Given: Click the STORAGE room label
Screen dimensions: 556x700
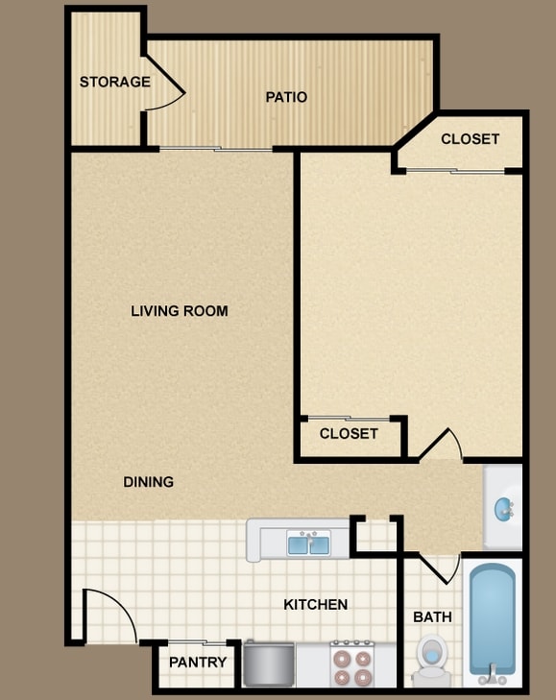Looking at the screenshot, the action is [x=115, y=82].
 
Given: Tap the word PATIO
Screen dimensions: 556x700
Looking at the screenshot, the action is [x=286, y=97].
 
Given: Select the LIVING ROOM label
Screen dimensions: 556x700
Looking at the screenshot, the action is [x=179, y=311].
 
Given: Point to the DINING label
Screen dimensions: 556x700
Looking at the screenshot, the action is [x=148, y=482].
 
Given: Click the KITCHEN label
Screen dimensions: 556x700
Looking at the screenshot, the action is [x=315, y=605].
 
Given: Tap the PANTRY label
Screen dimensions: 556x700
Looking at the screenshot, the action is [x=198, y=662].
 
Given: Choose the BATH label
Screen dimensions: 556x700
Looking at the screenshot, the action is [x=432, y=617].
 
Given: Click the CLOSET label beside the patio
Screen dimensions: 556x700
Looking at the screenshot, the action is [x=470, y=139].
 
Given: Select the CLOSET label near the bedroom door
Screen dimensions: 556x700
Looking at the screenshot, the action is [x=349, y=433].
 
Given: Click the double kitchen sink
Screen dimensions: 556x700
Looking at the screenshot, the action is [x=308, y=543].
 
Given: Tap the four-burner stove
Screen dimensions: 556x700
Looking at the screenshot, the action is [x=352, y=664].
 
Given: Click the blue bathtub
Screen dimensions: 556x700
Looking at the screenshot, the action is [x=492, y=622].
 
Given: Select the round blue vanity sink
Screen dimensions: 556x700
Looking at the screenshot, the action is [x=504, y=509].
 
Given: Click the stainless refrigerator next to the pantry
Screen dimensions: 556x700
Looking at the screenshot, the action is [x=269, y=664].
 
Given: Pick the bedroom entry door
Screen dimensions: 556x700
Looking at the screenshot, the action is [x=441, y=444].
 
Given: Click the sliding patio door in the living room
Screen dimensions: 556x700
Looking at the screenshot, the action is [x=216, y=149].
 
